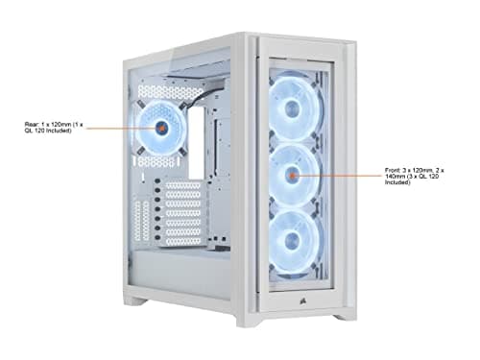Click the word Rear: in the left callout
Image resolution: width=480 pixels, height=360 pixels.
32,124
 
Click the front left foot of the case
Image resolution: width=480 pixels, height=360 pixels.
139,300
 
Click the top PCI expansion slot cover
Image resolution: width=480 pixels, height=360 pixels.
181,187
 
